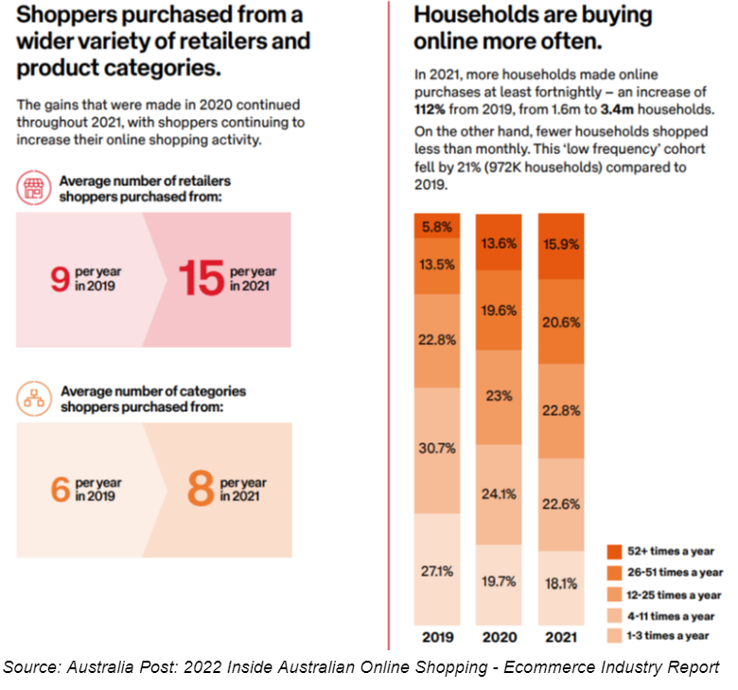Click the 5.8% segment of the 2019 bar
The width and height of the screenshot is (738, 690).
(435, 227)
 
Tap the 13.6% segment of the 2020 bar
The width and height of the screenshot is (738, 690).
(498, 243)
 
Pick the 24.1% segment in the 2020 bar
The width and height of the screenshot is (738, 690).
(498, 492)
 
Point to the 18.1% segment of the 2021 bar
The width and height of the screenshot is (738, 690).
(560, 584)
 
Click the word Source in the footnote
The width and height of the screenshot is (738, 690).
(26, 668)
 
